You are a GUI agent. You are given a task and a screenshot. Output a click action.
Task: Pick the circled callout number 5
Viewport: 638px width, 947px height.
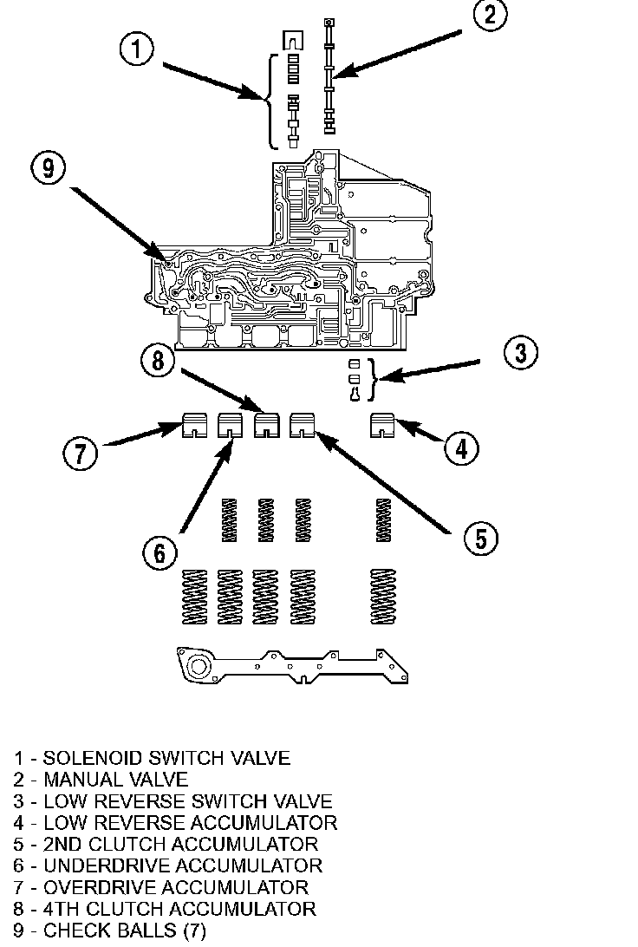click(481, 537)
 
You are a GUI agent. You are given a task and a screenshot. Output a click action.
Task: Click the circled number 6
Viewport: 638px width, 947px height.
click(161, 552)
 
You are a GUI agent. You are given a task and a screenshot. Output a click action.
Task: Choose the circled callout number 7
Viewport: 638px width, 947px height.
click(81, 452)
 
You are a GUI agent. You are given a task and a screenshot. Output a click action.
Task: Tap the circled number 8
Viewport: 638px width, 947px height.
click(158, 360)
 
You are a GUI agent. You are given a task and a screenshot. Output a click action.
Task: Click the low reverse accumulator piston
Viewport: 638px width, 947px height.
click(383, 426)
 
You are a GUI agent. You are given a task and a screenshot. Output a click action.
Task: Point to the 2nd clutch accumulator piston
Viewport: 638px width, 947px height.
click(303, 426)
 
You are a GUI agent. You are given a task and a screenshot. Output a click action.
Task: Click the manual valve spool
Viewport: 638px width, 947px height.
click(329, 78)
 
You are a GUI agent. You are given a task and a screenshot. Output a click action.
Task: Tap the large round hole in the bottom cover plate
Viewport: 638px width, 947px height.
click(199, 665)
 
